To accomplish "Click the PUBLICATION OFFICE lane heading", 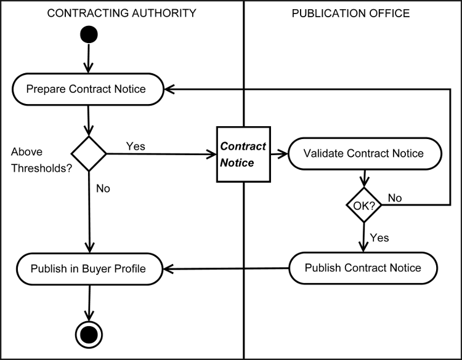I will tap(351, 13).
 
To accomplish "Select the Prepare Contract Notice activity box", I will tap(86, 89).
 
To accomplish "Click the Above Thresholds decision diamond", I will tap(89, 153).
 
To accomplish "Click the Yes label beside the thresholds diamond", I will tap(136, 146).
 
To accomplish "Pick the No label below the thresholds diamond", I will tap(103, 188).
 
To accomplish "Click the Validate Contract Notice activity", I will tap(364, 153).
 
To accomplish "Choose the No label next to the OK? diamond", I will tap(394, 198).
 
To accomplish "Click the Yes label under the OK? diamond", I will tap(379, 237).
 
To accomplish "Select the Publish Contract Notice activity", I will tap(363, 268).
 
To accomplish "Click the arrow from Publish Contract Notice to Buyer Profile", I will tap(228, 268).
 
